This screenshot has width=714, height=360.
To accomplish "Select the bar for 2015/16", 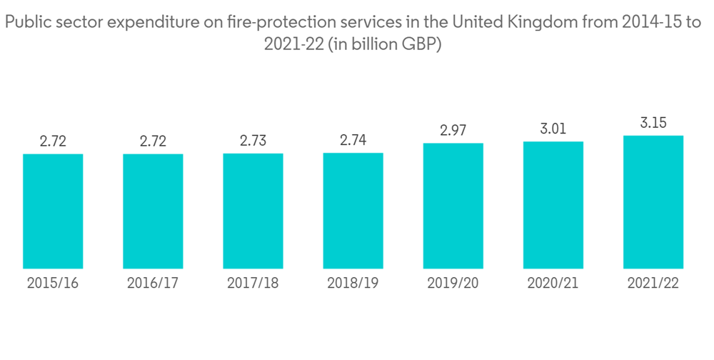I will coord(53,211).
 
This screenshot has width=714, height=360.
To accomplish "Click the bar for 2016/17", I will coord(153,211).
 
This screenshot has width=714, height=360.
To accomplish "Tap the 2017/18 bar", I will coord(253,211).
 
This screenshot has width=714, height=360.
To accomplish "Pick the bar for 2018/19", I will coord(353,211).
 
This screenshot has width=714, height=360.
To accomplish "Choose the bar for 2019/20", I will coord(453,206).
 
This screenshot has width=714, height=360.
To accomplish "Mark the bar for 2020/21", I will coord(553,206).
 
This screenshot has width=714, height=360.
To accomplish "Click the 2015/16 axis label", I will coord(53,283).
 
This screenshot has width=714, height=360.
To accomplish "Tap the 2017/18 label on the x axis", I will coord(253,283).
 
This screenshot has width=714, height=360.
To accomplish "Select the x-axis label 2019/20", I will coord(453,283).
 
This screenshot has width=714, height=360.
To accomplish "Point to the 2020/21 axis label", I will coord(553,283).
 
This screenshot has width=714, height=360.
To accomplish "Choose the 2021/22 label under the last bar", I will coord(653,283).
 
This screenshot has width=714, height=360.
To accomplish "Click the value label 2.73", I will coord(253,141).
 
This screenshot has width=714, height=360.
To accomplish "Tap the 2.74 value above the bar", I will coord(353,140).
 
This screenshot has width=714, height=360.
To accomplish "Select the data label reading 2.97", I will coord(453,130).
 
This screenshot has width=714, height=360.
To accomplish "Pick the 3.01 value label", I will coord(553,129).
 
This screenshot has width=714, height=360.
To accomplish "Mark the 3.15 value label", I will coord(653,123).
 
